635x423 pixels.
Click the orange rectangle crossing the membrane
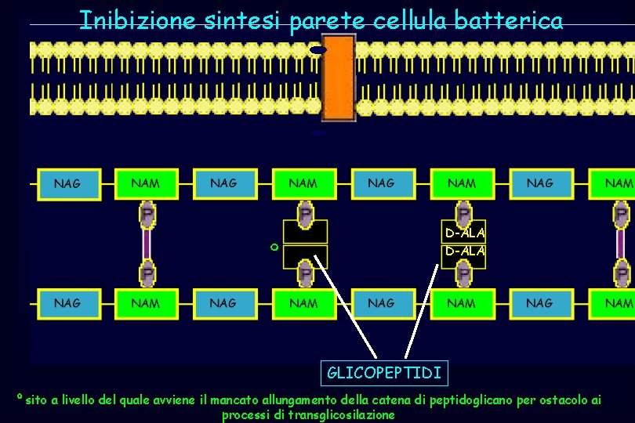[339, 80]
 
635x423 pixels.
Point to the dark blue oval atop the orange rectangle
[318, 50]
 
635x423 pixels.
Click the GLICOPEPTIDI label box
[384, 372]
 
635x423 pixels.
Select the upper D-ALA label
[465, 233]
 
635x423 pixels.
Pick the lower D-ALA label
[465, 251]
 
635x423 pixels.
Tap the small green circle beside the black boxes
[274, 248]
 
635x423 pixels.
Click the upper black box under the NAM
[304, 232]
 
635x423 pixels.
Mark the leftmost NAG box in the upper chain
[67, 184]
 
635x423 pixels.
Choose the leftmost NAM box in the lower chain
[146, 303]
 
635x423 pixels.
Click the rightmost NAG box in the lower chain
[539, 303]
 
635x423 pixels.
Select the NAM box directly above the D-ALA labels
[463, 184]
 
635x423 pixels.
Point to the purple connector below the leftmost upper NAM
[147, 243]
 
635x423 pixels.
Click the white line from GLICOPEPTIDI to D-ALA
[422, 313]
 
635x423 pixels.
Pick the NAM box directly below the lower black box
[304, 303]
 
